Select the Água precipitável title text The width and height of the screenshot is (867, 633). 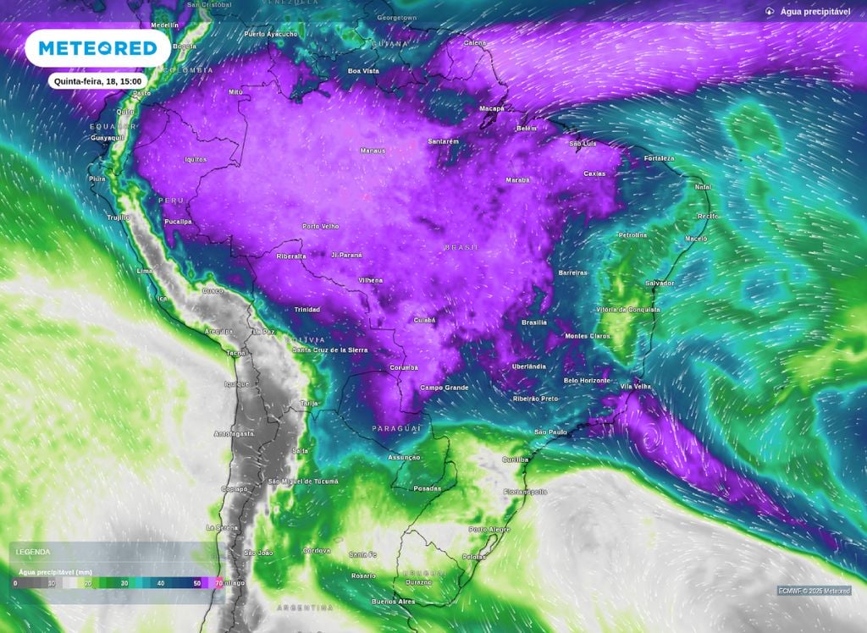point(815,12)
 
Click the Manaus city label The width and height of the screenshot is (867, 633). point(373,151)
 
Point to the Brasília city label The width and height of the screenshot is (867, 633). point(533,322)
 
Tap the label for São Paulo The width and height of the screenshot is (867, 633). point(550,432)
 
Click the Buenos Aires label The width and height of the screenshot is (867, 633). point(393,602)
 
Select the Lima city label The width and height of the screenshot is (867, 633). point(145,271)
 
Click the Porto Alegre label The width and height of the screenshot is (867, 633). point(489,530)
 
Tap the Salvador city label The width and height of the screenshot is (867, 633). point(660,283)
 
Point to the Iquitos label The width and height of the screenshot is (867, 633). point(196,159)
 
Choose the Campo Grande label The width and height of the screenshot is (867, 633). point(445,388)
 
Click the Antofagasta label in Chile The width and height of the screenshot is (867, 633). point(234,433)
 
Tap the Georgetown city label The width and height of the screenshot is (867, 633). point(397,17)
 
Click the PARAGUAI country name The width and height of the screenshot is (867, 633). point(397,429)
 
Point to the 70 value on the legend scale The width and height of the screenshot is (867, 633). point(219,584)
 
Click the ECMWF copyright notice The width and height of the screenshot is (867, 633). point(814,591)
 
